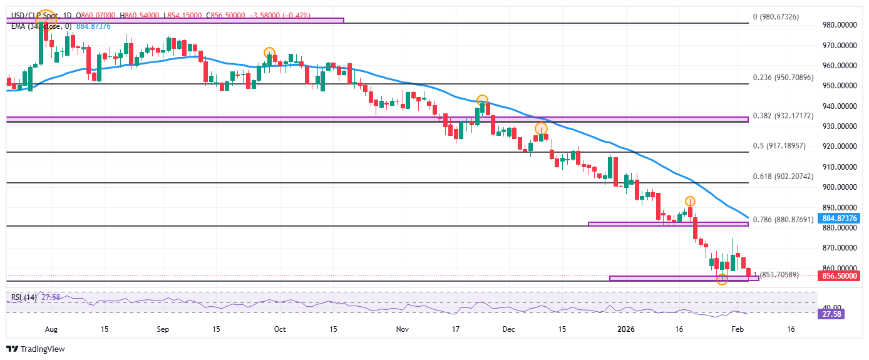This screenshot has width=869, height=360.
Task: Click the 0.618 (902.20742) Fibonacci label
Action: coord(783,177)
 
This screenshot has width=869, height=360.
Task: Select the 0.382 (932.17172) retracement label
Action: coord(783,116)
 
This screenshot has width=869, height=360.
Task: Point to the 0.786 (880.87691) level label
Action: coord(783,220)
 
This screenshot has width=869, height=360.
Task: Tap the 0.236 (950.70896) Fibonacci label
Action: coord(783,78)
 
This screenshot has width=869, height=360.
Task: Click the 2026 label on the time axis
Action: coord(627,329)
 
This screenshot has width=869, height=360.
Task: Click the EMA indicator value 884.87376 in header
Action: coord(93,26)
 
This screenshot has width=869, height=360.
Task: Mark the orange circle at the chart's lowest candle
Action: coord(722,279)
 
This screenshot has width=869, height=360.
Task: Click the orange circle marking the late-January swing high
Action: coord(690,201)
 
